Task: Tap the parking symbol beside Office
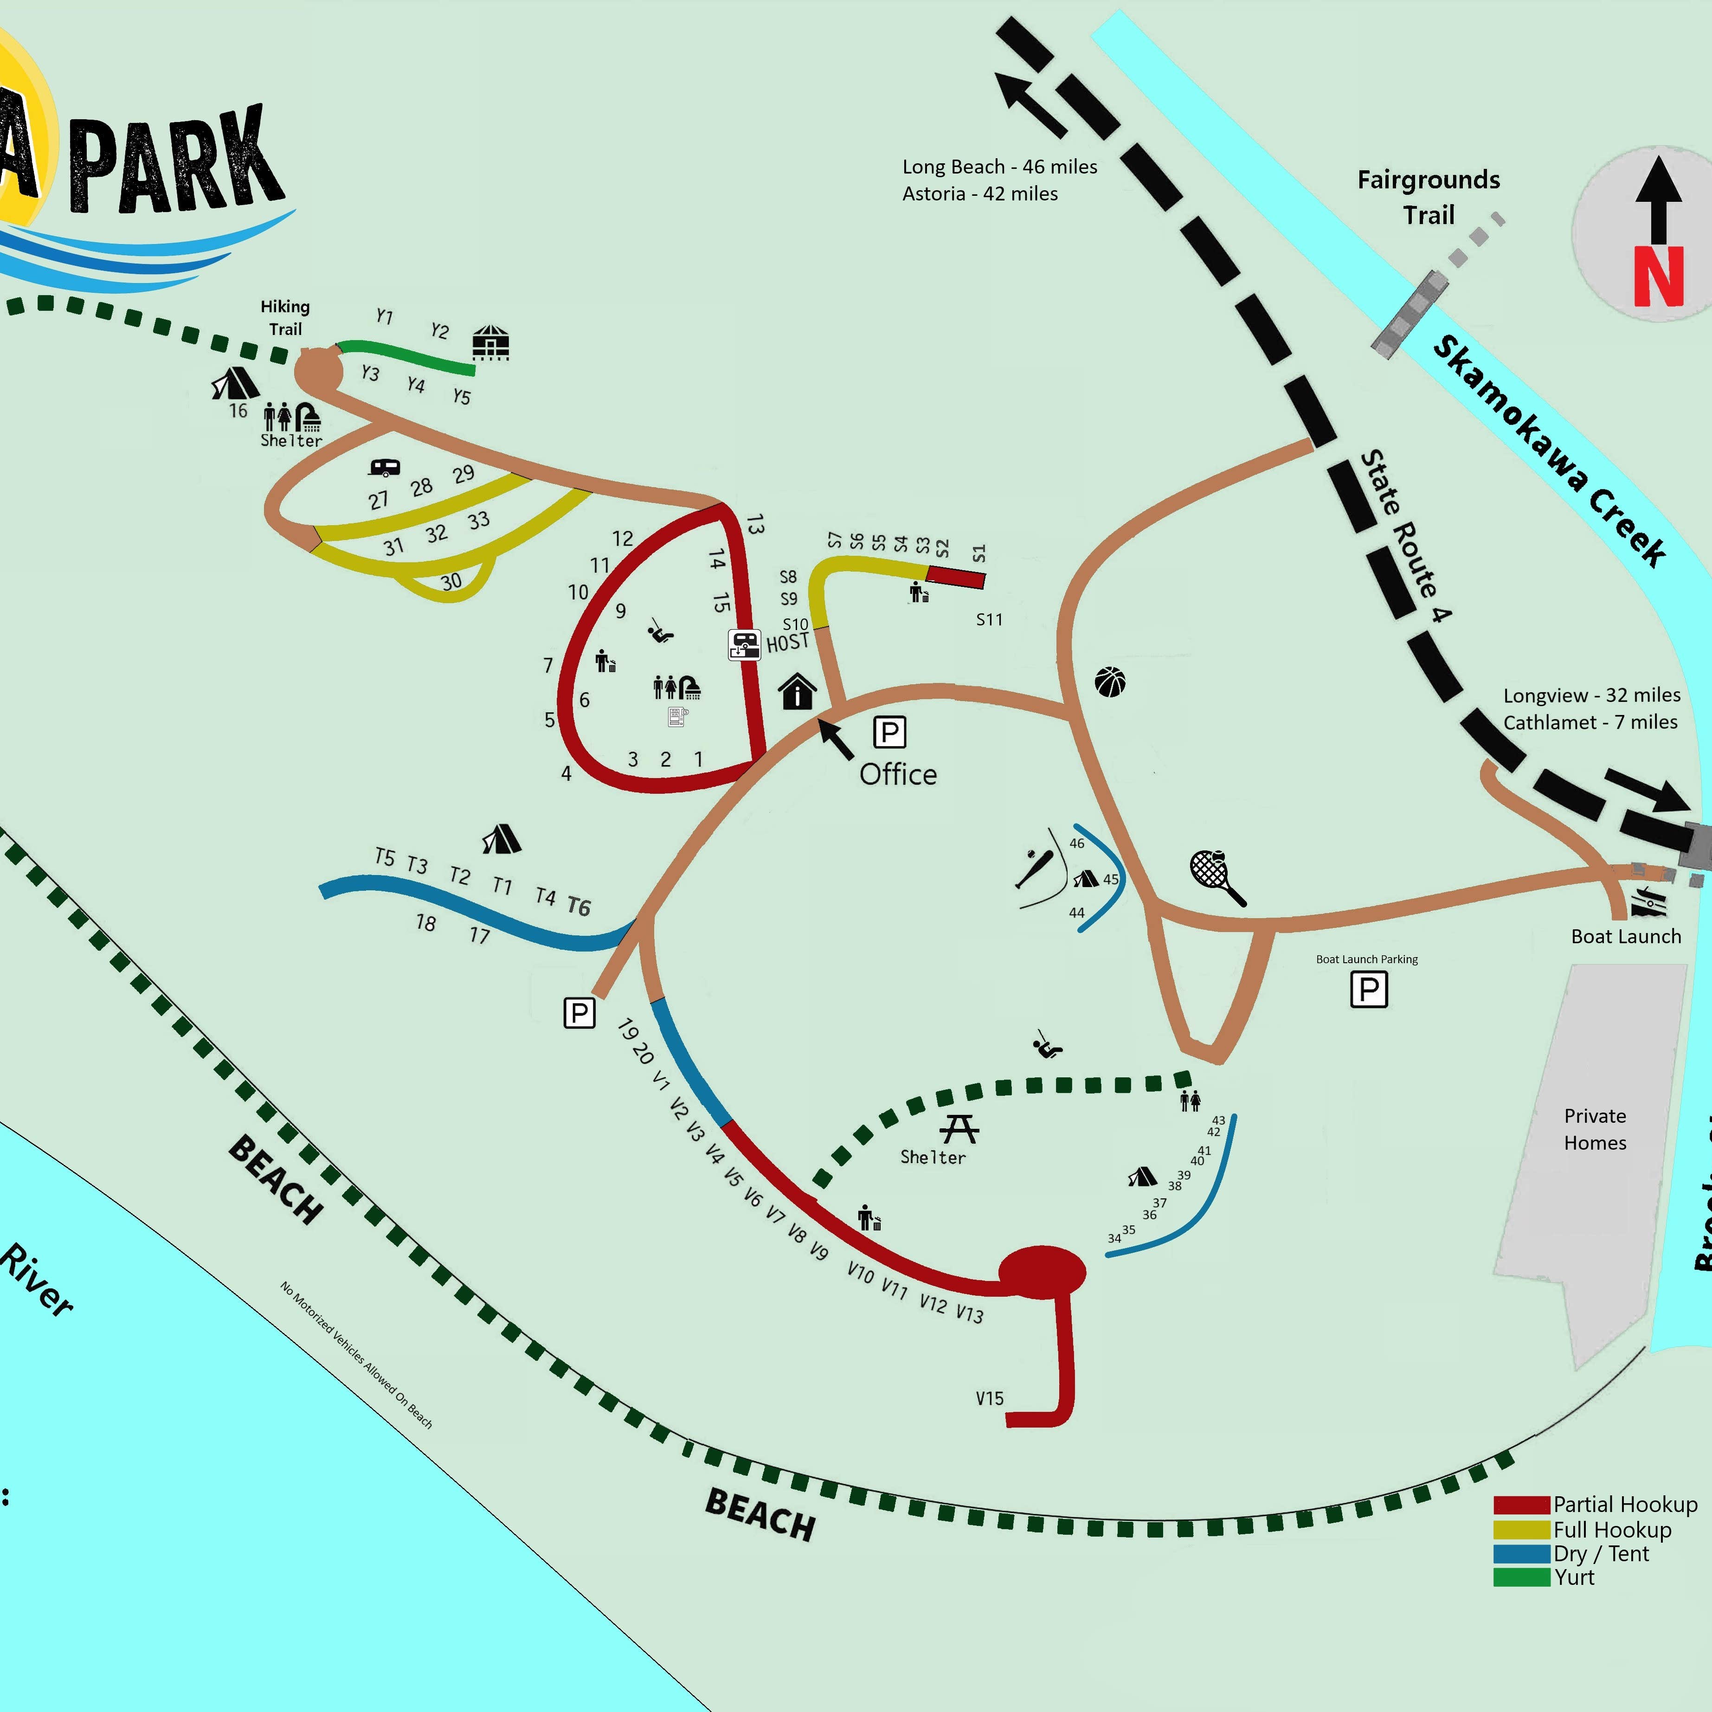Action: tap(890, 732)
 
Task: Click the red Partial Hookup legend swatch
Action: tap(1521, 1505)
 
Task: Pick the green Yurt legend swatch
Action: tap(1521, 1577)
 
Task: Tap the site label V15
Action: tap(990, 1398)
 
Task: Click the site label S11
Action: tap(989, 619)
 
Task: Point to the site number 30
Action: tap(451, 581)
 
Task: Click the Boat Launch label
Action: tap(1625, 937)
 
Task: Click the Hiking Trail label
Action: tap(285, 317)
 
